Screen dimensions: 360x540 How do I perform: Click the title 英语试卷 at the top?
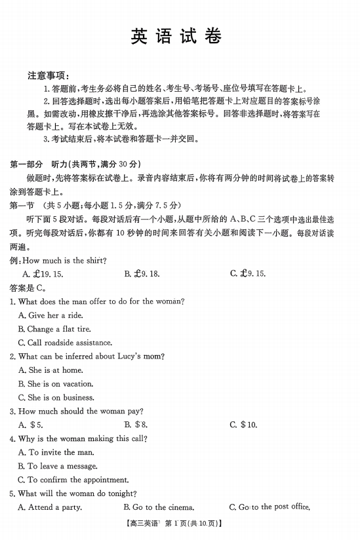179,36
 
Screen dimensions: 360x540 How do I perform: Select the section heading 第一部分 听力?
75,163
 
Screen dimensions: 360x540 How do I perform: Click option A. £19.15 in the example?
43,274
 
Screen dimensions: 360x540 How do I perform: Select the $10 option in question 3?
243,425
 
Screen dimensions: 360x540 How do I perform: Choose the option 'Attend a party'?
49,507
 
